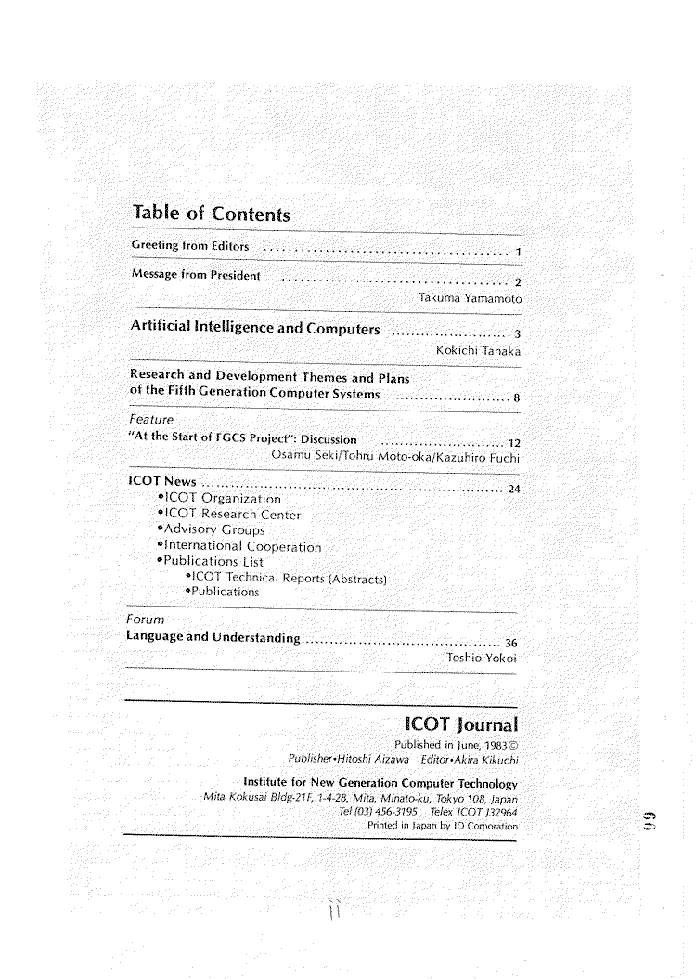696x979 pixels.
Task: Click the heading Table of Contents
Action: [211, 214]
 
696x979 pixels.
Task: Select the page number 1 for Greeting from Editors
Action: [518, 253]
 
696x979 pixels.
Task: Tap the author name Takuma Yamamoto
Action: [470, 299]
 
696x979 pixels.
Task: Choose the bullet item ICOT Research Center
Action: [232, 515]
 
